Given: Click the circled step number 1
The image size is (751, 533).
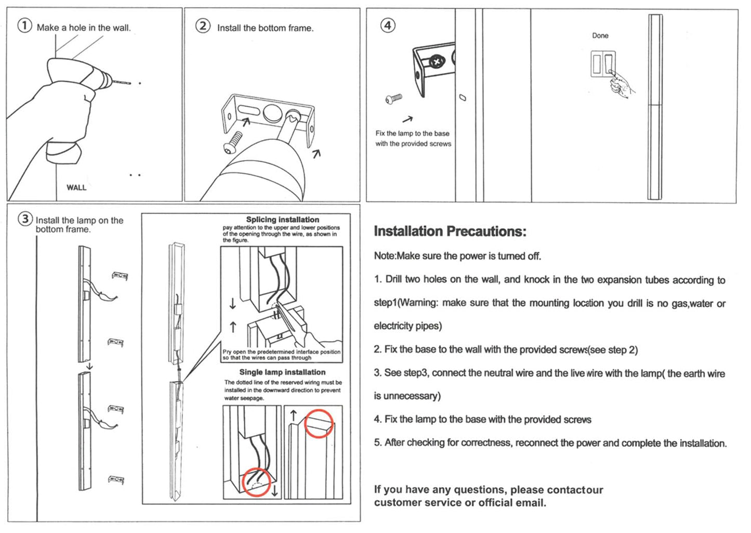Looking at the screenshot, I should (x=25, y=25).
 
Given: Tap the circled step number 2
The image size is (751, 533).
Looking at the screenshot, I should (x=203, y=25).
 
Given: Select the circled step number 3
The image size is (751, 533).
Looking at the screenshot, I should (x=25, y=219).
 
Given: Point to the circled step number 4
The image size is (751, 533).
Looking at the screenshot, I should (x=388, y=25).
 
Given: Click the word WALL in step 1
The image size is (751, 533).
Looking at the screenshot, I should (x=76, y=188).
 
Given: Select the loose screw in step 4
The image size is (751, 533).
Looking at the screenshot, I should (x=394, y=98).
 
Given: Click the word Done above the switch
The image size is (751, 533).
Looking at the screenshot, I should (x=600, y=35).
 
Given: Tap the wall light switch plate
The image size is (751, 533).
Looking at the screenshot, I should (x=603, y=63).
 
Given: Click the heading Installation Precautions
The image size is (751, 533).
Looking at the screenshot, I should (x=450, y=231).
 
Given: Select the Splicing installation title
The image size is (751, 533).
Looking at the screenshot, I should (x=282, y=219).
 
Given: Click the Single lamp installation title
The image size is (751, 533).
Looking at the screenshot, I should (x=282, y=372).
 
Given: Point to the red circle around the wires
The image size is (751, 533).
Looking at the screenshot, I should (x=256, y=482).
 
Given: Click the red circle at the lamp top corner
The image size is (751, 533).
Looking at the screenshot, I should (x=319, y=423).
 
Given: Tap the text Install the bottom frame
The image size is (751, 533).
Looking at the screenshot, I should (x=265, y=28).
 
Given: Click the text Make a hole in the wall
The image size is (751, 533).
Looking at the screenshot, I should (x=84, y=28).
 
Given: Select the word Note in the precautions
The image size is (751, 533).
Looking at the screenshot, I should (x=384, y=256).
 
